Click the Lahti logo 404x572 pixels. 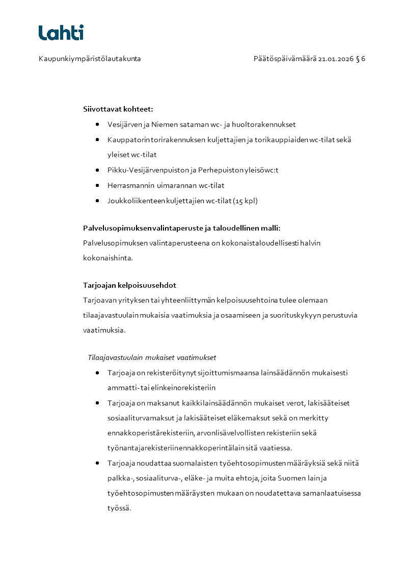point(61,33)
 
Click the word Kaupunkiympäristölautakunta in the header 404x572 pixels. point(90,59)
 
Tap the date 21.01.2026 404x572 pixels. point(336,59)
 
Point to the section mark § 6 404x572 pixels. point(361,59)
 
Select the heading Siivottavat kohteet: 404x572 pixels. point(118,109)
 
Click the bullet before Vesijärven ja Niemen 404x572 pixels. point(97,124)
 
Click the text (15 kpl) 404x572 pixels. point(245,201)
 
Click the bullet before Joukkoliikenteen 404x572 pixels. point(97,201)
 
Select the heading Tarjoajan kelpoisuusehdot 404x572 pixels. point(129,285)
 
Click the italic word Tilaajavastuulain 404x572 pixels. point(116,357)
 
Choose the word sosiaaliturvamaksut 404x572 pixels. point(141,418)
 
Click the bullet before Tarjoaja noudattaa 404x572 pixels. point(97,464)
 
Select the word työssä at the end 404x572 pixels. point(119,508)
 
